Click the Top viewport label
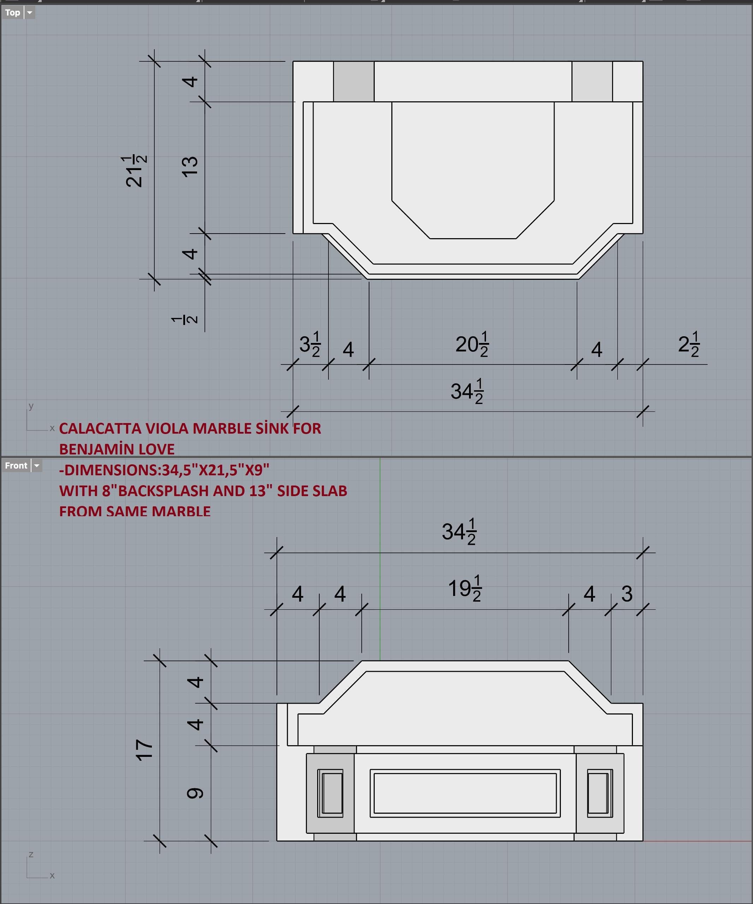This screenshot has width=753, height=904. coord(12,12)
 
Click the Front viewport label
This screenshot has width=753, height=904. coord(16,466)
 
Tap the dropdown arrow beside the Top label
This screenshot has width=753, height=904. coord(30,12)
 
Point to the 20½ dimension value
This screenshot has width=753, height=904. coord(472,344)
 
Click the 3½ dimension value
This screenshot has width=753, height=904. coord(310,344)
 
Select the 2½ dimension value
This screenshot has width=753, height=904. coord(689,344)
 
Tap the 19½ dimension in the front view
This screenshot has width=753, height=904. coord(465,589)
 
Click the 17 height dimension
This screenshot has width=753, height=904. coord(144,750)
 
